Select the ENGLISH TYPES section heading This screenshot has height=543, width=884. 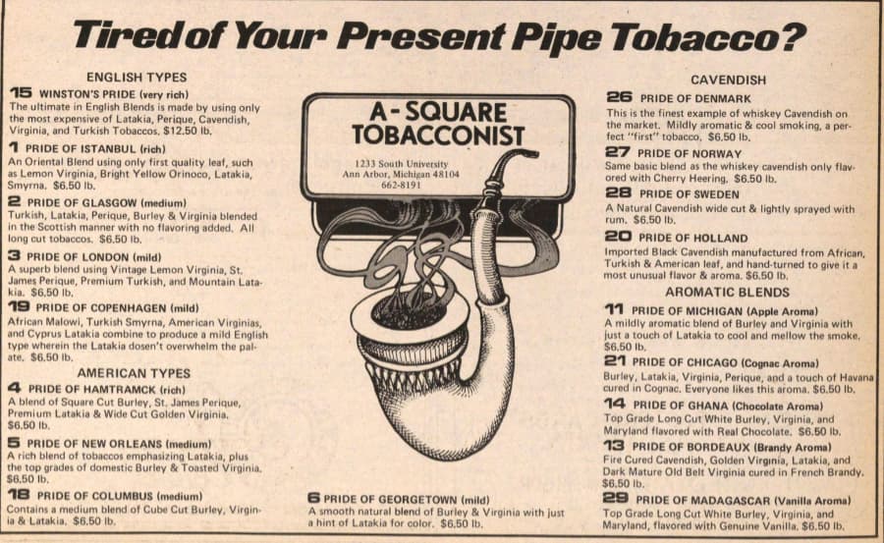[x=137, y=78]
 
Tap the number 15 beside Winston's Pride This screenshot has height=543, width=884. [x=21, y=93]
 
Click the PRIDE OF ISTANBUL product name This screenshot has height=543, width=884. [x=81, y=149]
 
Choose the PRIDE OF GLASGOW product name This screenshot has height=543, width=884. [x=82, y=202]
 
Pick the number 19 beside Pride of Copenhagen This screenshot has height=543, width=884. [x=19, y=306]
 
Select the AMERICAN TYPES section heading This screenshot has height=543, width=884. [x=134, y=373]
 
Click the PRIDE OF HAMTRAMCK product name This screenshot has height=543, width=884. [x=92, y=389]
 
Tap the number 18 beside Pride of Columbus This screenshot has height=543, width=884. [x=19, y=495]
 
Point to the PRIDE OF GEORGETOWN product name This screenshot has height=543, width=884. [x=390, y=500]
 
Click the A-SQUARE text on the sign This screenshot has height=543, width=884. [x=438, y=112]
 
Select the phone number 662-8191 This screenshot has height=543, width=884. [x=401, y=185]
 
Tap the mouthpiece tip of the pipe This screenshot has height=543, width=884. [x=532, y=152]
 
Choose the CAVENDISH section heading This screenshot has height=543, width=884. [x=728, y=81]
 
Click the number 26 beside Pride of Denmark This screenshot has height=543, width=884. [x=619, y=97]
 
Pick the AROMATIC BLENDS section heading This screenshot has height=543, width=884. [x=727, y=292]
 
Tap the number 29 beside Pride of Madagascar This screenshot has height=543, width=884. [x=616, y=499]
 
